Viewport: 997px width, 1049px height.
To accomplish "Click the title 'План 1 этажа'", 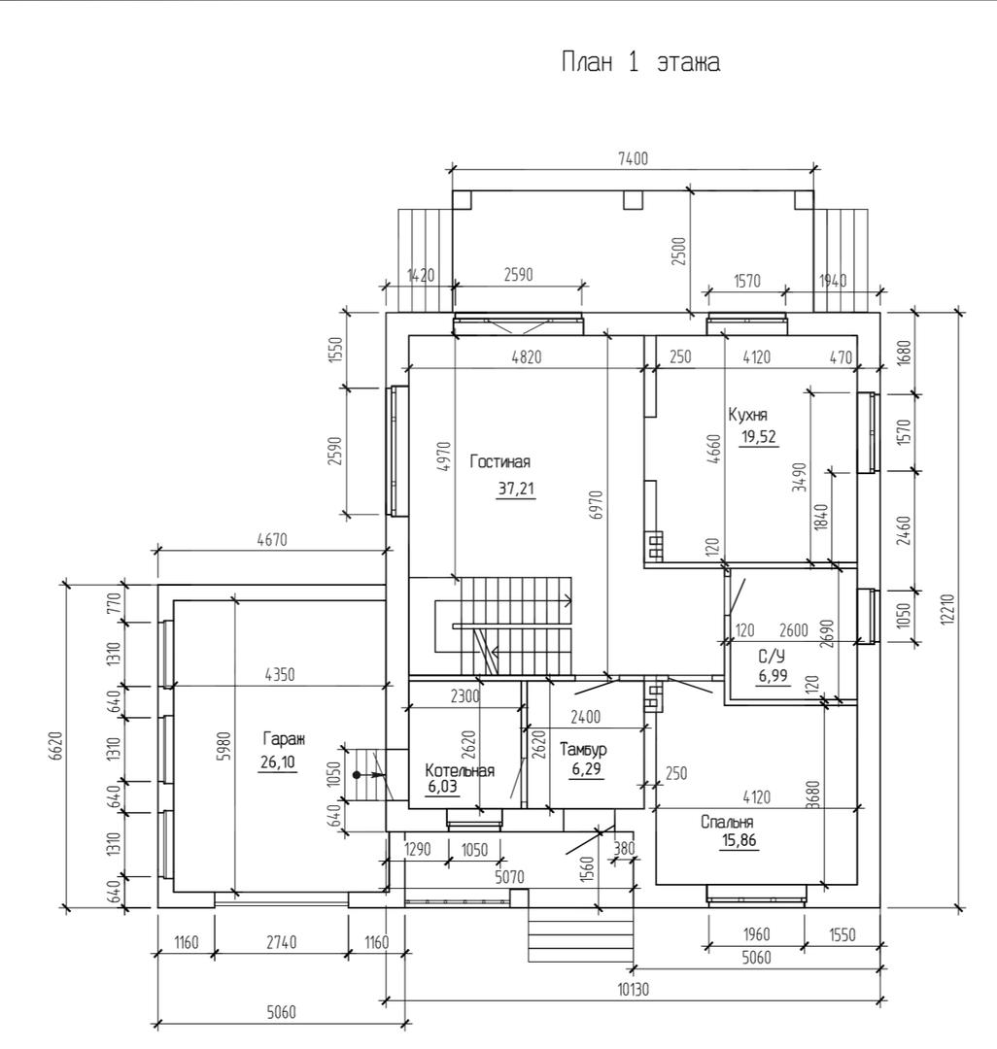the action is point(640,62).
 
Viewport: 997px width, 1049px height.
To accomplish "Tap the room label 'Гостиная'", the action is point(499,461).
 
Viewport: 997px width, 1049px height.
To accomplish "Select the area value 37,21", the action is point(516,489).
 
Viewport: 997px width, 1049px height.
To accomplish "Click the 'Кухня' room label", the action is point(747,415).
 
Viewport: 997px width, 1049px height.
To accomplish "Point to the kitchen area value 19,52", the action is point(759,437).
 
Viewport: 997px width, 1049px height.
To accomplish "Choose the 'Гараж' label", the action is point(284,739).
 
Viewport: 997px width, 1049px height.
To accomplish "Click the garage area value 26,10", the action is point(277,762).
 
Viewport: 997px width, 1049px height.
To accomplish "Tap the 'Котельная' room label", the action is point(460,770).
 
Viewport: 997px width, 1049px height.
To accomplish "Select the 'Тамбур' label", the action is point(583,749).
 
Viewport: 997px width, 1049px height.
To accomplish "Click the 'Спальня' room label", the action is point(727,823).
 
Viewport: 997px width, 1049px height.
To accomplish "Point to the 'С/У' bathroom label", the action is point(772,657).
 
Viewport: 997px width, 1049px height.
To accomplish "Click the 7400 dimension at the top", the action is point(633,159).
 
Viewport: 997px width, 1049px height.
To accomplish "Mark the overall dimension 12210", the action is point(945,610).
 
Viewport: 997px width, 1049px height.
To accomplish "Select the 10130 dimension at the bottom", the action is point(633,989).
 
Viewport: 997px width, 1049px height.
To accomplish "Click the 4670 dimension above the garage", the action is point(272,539).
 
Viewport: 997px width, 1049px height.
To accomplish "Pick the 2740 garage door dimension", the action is point(281,942).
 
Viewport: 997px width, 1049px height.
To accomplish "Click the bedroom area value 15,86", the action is point(739,841).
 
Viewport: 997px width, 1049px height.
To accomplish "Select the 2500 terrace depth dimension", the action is point(679,251).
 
